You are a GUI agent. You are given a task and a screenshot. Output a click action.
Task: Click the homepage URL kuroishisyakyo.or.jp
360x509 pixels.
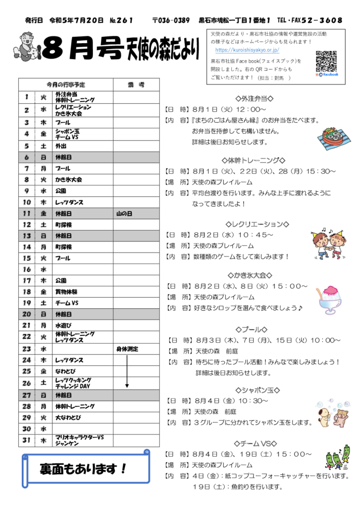click(247, 50)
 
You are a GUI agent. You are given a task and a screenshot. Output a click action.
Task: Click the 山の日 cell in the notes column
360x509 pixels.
click(124, 213)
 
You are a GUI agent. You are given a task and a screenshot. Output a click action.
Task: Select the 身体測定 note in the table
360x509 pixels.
click(128, 349)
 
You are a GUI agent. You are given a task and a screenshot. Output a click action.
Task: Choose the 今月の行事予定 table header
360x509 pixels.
click(66, 85)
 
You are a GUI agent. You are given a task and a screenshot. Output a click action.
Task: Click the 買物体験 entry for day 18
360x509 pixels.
click(66, 292)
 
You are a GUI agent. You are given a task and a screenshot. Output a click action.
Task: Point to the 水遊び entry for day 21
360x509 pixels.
click(64, 326)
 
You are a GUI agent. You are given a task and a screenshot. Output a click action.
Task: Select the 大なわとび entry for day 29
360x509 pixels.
click(68, 417)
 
